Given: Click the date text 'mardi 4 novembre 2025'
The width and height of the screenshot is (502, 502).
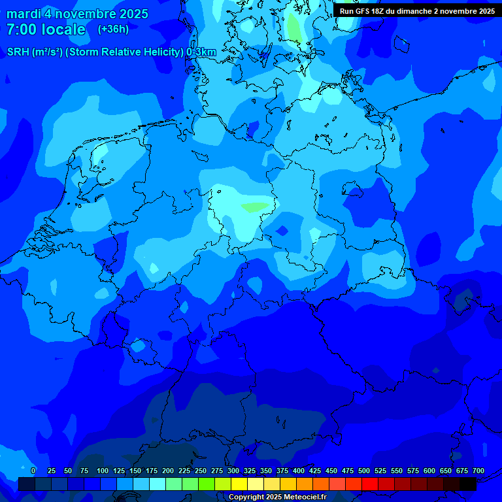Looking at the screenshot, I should pos(77,14).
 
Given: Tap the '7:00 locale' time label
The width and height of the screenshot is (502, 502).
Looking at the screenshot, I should pos(46,29).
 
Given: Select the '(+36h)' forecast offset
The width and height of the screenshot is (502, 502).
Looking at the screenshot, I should pos(113,29).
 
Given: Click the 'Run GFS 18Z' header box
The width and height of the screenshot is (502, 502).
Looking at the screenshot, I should pos(417,10).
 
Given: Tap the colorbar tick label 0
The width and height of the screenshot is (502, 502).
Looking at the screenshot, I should pos(33,471).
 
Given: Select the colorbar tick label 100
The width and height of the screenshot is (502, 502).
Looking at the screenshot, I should pos(103,471).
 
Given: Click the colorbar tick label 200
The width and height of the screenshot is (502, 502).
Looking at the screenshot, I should pos(168,471).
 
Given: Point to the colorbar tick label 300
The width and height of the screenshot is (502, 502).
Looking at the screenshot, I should pos(233,471).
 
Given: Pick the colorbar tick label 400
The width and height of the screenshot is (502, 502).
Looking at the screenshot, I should pos(299,471).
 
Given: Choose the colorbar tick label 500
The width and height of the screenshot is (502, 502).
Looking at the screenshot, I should pos(364,471).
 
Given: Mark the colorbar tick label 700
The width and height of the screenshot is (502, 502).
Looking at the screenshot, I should pos(478,471).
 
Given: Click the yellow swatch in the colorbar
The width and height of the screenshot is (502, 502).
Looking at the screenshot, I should pos(239,484).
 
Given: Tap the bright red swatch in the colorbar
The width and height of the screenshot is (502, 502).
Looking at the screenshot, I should pos(370,484).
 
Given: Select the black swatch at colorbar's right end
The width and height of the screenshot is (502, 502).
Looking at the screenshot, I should pos(468,484).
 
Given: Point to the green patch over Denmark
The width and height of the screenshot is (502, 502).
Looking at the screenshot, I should pos(294,27).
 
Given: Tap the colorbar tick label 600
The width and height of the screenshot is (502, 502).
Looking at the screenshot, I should pos(429,471).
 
